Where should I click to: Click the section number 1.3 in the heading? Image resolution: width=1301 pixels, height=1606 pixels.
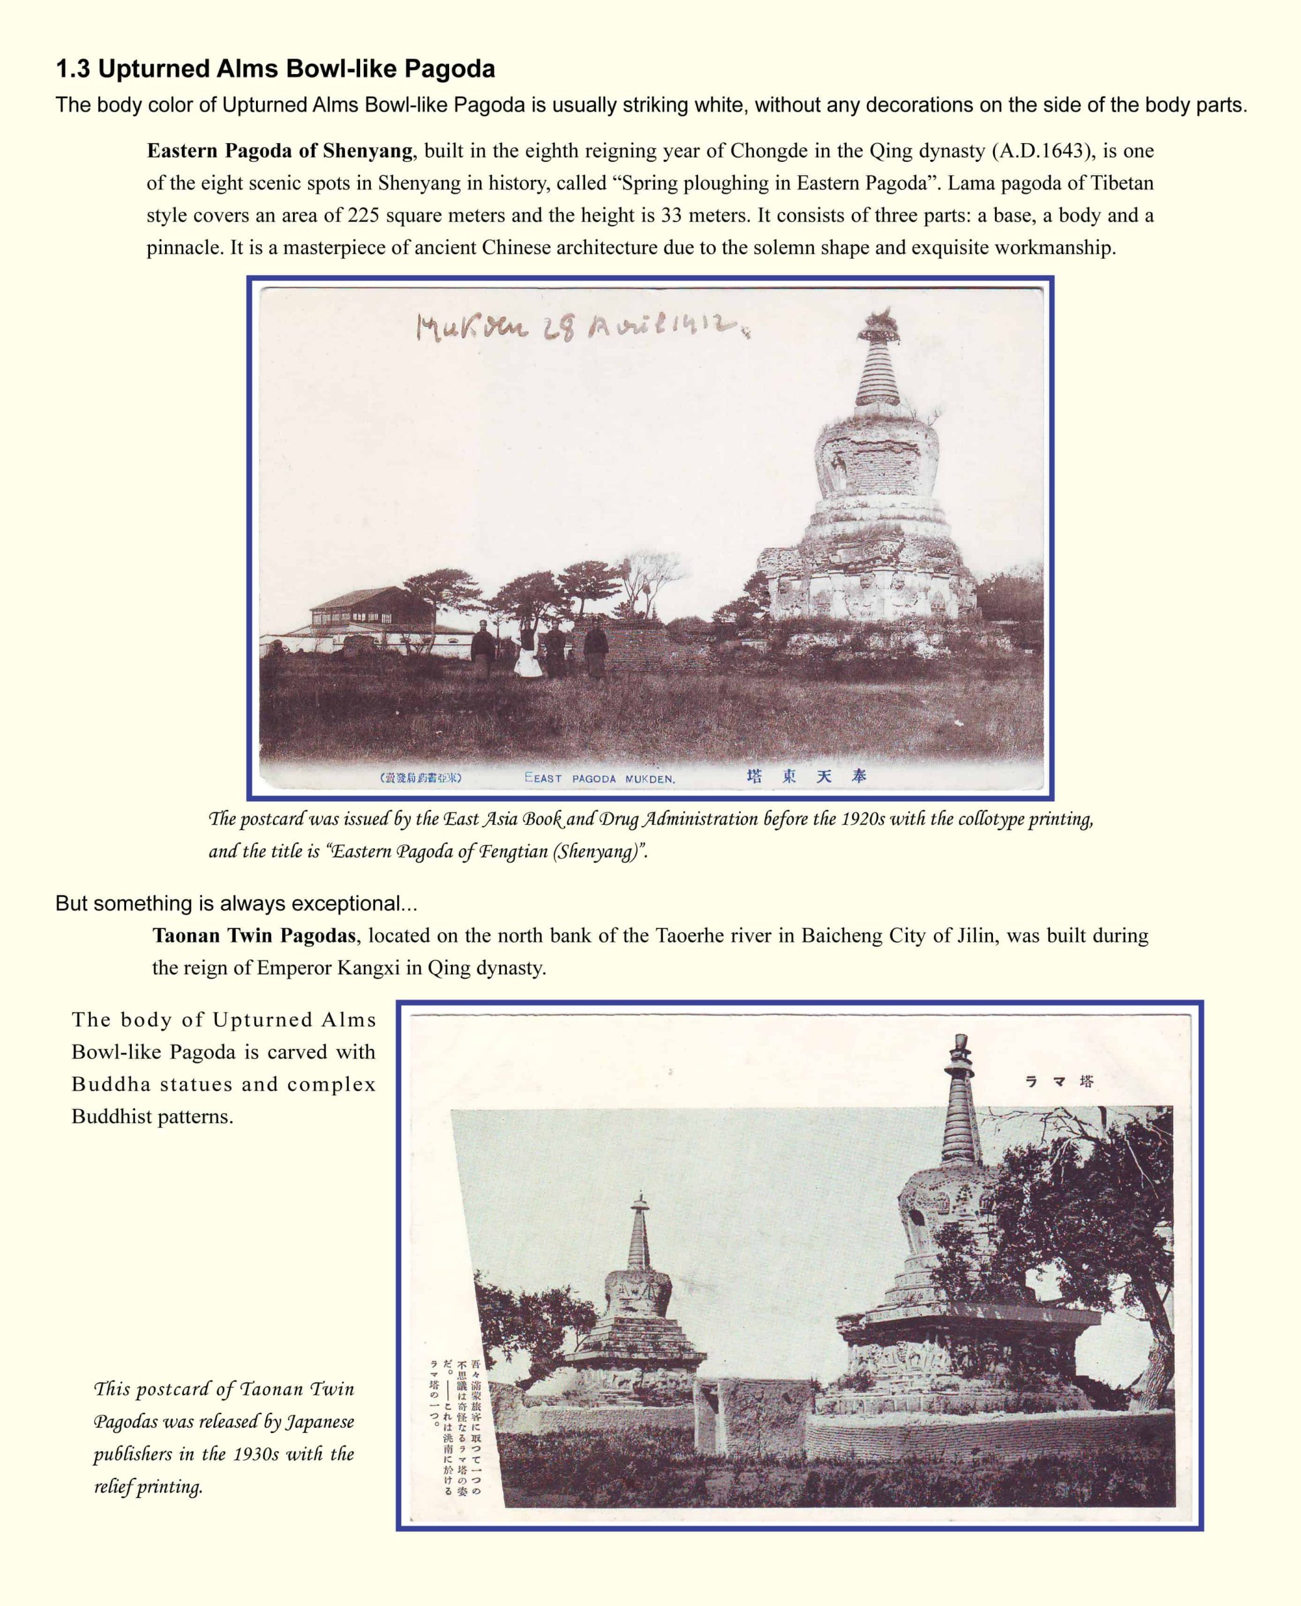coord(73,70)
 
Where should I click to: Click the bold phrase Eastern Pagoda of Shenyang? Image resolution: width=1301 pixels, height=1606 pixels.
coord(280,151)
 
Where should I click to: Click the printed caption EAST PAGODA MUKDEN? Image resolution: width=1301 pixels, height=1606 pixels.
coord(600,779)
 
